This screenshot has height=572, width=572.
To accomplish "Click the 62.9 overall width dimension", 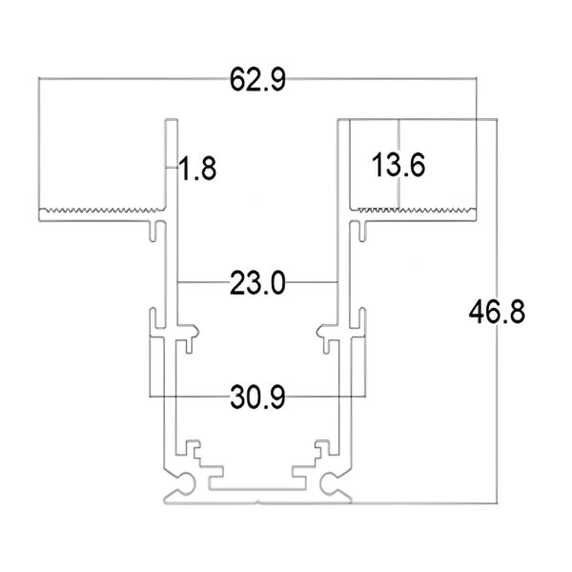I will click(257, 80).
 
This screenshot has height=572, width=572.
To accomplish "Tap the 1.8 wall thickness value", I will click(198, 169).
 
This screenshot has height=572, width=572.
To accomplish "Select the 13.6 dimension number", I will click(398, 164).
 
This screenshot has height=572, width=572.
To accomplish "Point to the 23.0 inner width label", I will click(257, 283).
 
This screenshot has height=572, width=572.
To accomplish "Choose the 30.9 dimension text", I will click(257, 394).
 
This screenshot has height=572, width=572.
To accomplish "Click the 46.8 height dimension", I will click(496, 312).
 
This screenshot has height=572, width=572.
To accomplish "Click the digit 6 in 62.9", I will click(237, 80).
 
